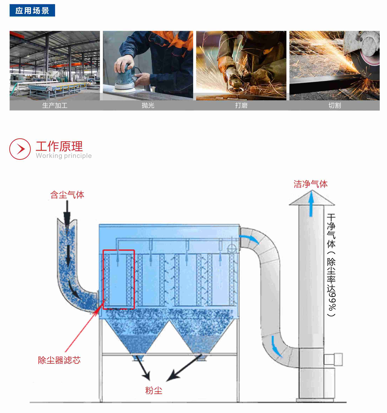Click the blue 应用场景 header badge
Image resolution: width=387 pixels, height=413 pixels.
point(32,11)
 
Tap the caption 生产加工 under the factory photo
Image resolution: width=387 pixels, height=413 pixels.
point(55,106)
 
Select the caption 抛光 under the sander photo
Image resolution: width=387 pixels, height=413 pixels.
point(148,106)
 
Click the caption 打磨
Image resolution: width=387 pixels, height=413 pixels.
point(241,106)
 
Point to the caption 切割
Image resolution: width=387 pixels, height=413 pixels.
point(334,106)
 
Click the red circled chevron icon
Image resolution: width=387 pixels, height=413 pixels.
point(20,149)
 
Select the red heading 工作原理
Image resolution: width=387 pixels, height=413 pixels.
point(59,146)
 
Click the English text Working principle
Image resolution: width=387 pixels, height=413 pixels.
point(64,156)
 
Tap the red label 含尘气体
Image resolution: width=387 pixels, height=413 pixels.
point(67,195)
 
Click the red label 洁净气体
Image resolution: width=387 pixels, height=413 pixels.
point(310,184)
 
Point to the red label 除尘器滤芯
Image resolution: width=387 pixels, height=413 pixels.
point(59,360)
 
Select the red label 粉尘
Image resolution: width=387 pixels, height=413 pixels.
point(154,390)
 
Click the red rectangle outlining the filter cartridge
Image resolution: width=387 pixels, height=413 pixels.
point(119,279)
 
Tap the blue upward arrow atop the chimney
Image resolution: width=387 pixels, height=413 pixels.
point(311,204)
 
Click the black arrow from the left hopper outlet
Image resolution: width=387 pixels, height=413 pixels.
point(143,368)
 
